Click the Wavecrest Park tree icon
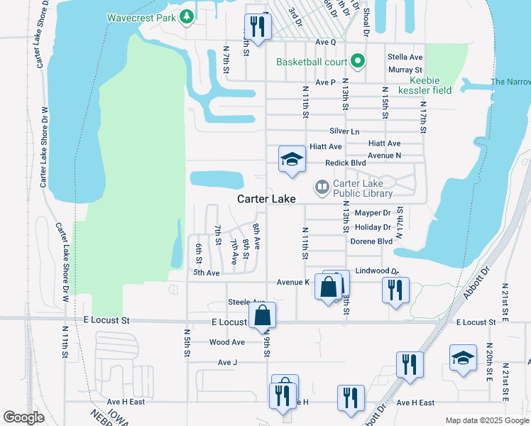[187, 16]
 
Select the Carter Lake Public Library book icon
[322, 187]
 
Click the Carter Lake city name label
[266, 200]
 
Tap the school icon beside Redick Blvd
[291, 160]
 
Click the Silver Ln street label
[344, 132]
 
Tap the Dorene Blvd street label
[371, 241]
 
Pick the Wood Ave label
[227, 342]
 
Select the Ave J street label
[227, 362]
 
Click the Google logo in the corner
[24, 417]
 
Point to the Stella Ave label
[405, 57]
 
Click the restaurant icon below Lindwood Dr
[395, 290]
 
